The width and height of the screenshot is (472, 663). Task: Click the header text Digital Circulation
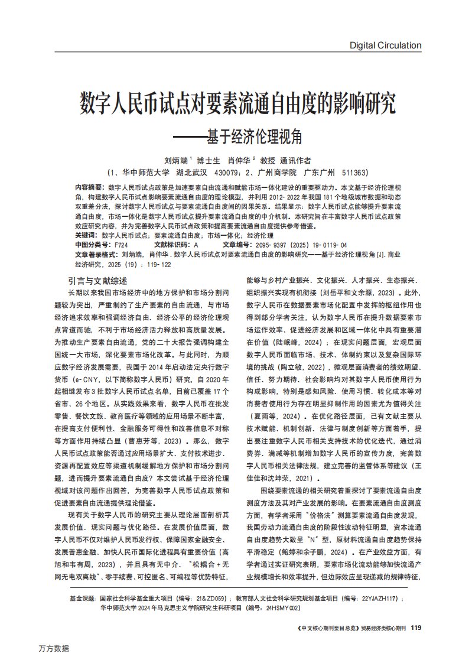click(385, 45)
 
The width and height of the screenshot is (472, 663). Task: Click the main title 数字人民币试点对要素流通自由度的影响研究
click(237, 104)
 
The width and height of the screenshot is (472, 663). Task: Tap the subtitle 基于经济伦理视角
click(254, 136)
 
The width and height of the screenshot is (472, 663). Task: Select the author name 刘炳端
click(177, 160)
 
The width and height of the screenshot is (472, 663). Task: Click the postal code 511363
click(353, 173)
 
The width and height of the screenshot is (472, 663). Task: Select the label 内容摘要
click(87, 186)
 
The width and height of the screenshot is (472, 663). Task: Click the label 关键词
click(85, 235)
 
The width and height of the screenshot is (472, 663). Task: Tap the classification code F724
click(121, 243)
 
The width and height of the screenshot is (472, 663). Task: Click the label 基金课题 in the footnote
click(83, 598)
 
